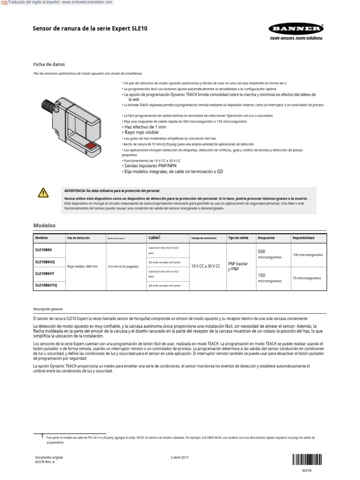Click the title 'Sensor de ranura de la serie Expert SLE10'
pyautogui.click(x=90, y=29)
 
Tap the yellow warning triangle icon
pyautogui.click(x=43, y=192)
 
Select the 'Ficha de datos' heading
pyautogui.click(x=49, y=64)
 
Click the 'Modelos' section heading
pyautogui.click(x=44, y=225)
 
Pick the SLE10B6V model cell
pyautogui.click(x=44, y=250)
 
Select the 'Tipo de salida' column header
pyautogui.click(x=238, y=238)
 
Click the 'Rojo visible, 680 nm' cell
pyautogui.click(x=82, y=266)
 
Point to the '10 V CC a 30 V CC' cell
pyautogui.click(x=206, y=266)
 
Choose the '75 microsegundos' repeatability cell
pyautogui.click(x=307, y=278)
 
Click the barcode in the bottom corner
pyautogui.click(x=308, y=459)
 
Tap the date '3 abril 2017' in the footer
pyautogui.click(x=180, y=457)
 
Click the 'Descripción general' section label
pyautogui.click(x=47, y=309)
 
